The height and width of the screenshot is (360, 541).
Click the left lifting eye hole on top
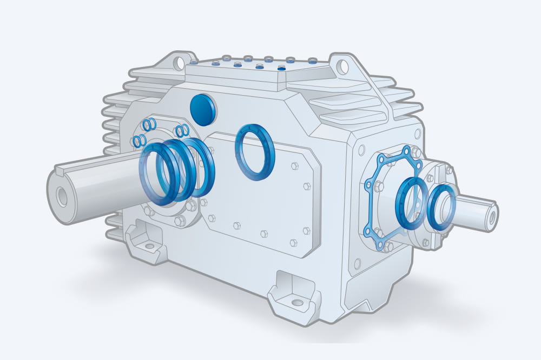coord(179,63)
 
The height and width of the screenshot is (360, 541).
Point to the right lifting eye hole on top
coord(342,67)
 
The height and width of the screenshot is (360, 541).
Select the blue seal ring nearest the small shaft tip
coord(442,207)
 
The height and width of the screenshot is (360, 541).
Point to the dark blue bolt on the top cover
coord(281,69)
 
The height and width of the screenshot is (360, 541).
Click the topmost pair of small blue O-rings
coord(150,124)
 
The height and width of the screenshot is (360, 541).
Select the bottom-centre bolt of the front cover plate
coord(264,234)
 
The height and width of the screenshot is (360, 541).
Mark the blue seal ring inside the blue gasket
coord(410,203)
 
